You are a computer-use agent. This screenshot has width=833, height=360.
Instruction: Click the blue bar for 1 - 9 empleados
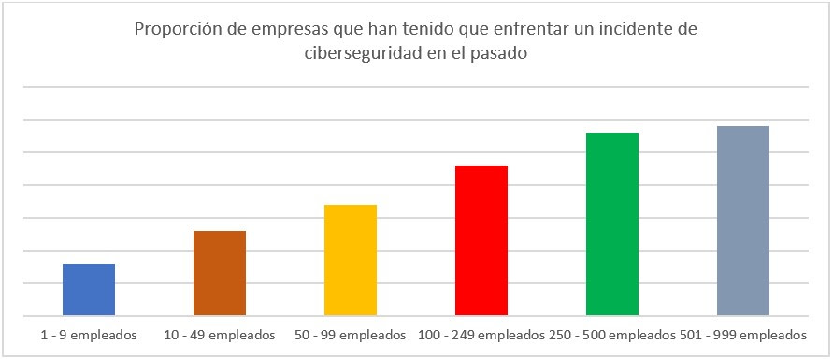click(89, 289)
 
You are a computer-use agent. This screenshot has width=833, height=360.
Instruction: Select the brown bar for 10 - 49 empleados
click(220, 272)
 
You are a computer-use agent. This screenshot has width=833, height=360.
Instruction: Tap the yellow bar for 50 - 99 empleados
click(351, 259)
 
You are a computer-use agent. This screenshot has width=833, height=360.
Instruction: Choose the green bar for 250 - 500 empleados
click(612, 223)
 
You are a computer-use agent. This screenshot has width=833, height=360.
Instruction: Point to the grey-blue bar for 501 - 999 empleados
click(743, 220)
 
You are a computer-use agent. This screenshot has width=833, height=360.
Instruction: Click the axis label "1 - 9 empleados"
click(89, 334)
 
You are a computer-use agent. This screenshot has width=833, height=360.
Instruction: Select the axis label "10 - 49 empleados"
click(220, 334)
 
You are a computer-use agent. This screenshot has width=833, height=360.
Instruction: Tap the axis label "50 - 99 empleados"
click(351, 334)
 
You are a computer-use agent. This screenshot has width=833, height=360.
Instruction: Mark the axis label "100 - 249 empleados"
click(481, 334)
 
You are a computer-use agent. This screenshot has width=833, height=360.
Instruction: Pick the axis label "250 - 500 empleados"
click(611, 334)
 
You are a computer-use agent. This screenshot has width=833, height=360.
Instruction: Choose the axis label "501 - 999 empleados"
click(742, 334)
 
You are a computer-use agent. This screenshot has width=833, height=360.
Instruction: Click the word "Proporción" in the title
click(177, 30)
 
